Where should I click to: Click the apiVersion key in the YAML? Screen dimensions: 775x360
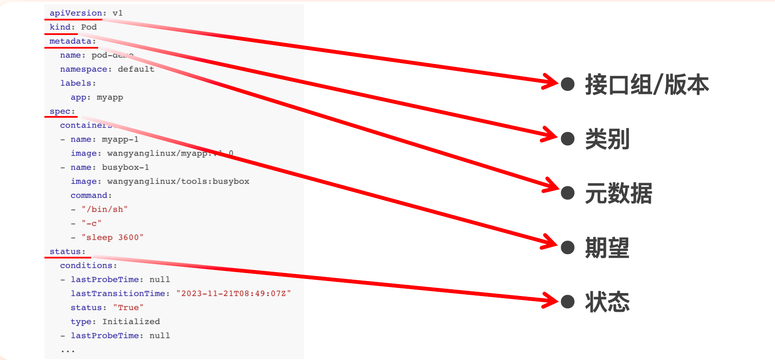point(76,13)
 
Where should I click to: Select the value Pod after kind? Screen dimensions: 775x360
point(89,27)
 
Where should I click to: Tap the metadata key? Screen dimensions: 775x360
point(70,41)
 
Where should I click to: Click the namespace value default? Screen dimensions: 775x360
point(136,69)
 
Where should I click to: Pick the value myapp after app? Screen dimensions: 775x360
point(110,97)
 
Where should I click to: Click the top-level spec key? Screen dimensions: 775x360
point(60,111)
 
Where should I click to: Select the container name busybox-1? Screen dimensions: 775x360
point(125,168)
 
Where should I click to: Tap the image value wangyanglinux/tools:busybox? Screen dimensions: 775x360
point(178,182)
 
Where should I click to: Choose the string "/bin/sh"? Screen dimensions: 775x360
point(105,209)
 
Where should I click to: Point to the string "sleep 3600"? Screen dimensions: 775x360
point(113,238)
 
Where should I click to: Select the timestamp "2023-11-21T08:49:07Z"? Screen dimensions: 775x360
point(233,293)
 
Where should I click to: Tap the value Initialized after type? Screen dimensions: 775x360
point(131,322)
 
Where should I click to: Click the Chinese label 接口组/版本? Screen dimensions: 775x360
point(647,84)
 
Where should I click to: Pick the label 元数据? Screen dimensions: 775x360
point(618,193)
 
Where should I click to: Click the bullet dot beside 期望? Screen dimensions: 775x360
point(568,247)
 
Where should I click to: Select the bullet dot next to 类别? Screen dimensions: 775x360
point(568,139)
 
